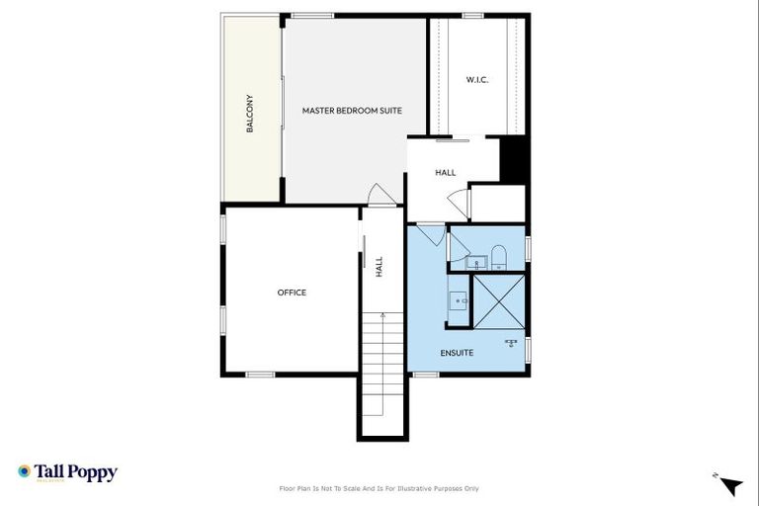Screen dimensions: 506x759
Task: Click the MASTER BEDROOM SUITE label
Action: tap(352, 112)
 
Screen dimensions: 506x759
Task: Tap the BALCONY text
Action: tap(250, 114)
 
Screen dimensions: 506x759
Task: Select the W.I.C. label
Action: tap(477, 80)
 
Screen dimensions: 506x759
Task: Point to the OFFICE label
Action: tap(292, 293)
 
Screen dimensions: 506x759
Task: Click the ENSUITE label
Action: tap(456, 353)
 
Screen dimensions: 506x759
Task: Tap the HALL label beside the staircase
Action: tap(379, 266)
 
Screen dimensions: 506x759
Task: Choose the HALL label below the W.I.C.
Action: tap(446, 173)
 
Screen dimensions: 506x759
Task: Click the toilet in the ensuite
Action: tap(499, 259)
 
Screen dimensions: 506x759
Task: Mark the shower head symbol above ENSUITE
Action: tap(511, 343)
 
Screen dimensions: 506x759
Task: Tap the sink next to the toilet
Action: tap(475, 263)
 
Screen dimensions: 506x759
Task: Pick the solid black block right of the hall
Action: tap(512, 159)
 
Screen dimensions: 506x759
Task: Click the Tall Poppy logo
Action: tap(67, 472)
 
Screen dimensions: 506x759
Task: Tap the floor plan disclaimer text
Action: tap(379, 488)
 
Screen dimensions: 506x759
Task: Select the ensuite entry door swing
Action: tap(430, 234)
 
